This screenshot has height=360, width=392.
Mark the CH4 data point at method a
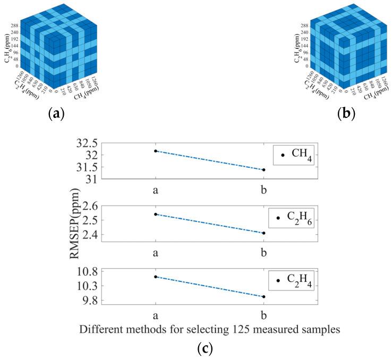(156, 151)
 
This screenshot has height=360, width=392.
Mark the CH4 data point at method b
(263, 170)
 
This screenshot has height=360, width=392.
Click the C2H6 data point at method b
(263, 233)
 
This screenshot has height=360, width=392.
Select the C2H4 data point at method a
(156, 277)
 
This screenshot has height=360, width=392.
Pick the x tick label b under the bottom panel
(263, 314)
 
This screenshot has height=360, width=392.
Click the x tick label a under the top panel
(156, 190)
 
